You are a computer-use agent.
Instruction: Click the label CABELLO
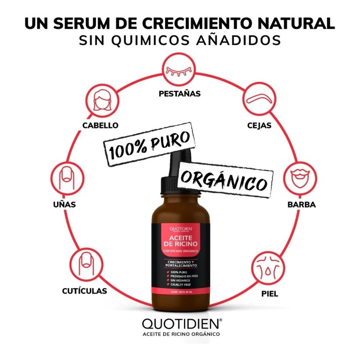pyautogui.click(x=100, y=125)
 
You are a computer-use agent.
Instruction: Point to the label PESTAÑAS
pyautogui.click(x=180, y=94)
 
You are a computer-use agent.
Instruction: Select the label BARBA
pyautogui.click(x=301, y=204)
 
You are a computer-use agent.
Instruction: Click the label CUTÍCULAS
pyautogui.click(x=85, y=291)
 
